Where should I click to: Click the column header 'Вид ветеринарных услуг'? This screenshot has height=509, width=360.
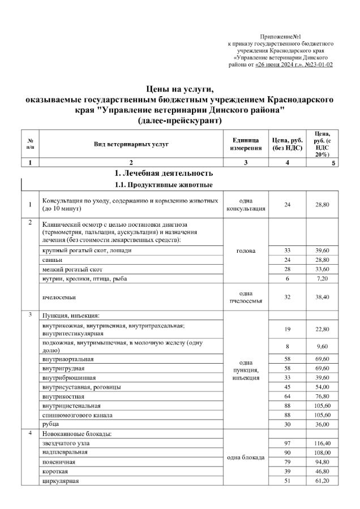[x=131, y=144]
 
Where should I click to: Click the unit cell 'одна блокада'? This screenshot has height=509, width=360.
[x=246, y=457]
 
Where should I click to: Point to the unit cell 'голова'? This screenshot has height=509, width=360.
[x=246, y=251]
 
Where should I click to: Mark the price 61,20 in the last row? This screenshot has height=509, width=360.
[x=323, y=481]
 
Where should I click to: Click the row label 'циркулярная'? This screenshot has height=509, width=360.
[x=60, y=481]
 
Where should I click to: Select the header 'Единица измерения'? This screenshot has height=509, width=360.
[x=246, y=144]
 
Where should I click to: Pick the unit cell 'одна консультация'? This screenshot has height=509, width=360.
[x=246, y=205]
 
